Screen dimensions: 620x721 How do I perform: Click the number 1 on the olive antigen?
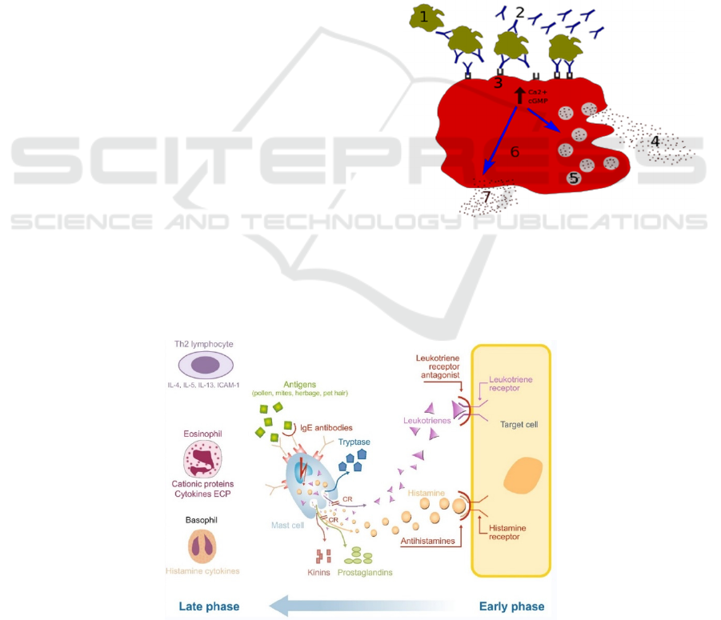tap(424, 15)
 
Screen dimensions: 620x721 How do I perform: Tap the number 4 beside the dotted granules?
tap(654, 142)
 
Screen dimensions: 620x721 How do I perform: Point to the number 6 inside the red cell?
tap(515, 151)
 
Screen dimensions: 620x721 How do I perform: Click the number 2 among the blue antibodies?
tap(520, 12)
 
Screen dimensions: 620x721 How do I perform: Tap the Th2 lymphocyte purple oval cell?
tap(206, 365)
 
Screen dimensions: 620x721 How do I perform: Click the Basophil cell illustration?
tap(202, 546)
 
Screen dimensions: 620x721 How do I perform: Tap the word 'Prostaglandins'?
tap(365, 573)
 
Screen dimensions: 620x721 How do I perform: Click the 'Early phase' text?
tap(511, 606)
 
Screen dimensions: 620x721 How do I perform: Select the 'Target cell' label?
tap(519, 423)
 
